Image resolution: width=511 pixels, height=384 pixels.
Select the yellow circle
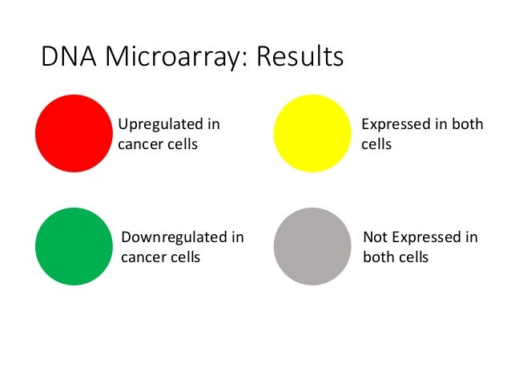click(313, 133)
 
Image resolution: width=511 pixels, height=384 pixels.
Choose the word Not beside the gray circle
click(375, 237)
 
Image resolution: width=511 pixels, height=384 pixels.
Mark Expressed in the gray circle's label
click(422, 237)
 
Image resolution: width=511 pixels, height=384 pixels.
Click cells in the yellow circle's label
click(376, 146)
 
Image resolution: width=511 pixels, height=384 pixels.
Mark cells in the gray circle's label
click(413, 258)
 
